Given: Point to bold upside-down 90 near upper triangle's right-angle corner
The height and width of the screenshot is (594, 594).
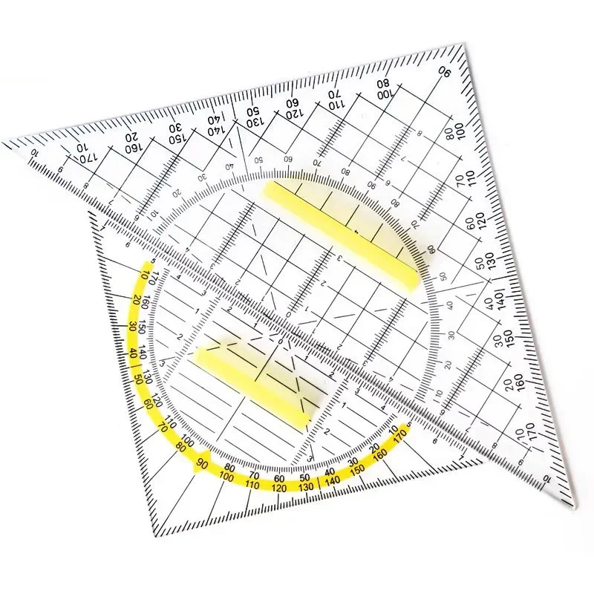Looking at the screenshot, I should [446, 73].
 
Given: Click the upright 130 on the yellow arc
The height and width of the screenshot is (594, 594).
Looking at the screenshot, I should [306, 487].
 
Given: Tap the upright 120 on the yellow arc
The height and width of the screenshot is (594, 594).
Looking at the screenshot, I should [279, 488].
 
